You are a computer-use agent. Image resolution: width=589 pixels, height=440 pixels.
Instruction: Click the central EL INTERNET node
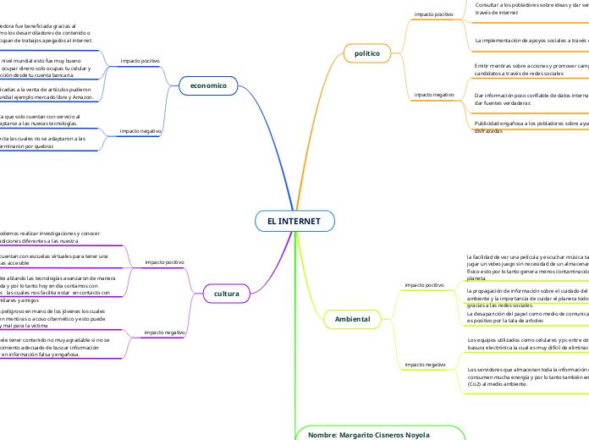tap(294, 221)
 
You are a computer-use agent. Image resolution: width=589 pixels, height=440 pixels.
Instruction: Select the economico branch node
tap(208, 85)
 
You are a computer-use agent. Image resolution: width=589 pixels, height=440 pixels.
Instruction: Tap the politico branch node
tap(366, 53)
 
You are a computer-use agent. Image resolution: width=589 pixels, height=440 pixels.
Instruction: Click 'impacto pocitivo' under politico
tap(433, 14)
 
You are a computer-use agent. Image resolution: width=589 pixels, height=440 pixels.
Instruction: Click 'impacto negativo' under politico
tap(433, 95)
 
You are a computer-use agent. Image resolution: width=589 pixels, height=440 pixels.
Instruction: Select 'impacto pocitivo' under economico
tap(140, 61)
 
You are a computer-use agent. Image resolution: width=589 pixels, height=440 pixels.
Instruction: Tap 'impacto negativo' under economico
tap(140, 131)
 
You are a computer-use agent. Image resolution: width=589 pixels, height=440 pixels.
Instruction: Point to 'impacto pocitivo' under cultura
tap(164, 262)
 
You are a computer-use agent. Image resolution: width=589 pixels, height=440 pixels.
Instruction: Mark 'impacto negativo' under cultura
tap(164, 333)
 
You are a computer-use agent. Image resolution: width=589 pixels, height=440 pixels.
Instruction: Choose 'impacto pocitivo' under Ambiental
tap(425, 285)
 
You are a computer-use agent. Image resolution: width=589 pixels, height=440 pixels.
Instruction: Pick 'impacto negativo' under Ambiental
tap(425, 364)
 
